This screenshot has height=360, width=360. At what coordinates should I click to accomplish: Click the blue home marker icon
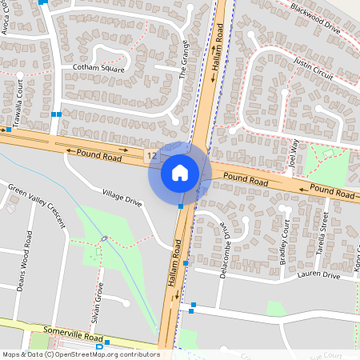pyautogui.click(x=180, y=172)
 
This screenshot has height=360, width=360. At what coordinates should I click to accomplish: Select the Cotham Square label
pyautogui.click(x=98, y=68)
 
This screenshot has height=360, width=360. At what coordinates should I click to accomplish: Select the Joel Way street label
pyautogui.click(x=294, y=154)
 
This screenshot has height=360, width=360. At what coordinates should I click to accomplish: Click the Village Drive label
pyautogui.click(x=122, y=198)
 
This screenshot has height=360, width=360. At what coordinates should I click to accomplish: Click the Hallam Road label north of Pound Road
pyautogui.click(x=218, y=52)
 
